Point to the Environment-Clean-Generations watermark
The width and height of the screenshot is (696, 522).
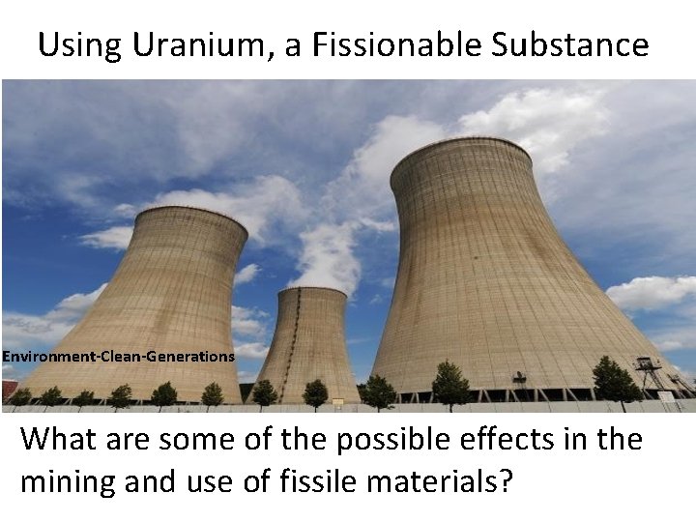118,357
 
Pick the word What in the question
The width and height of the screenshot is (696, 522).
64,439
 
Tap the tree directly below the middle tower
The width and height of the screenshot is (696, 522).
314,392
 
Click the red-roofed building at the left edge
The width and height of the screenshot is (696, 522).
8,389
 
